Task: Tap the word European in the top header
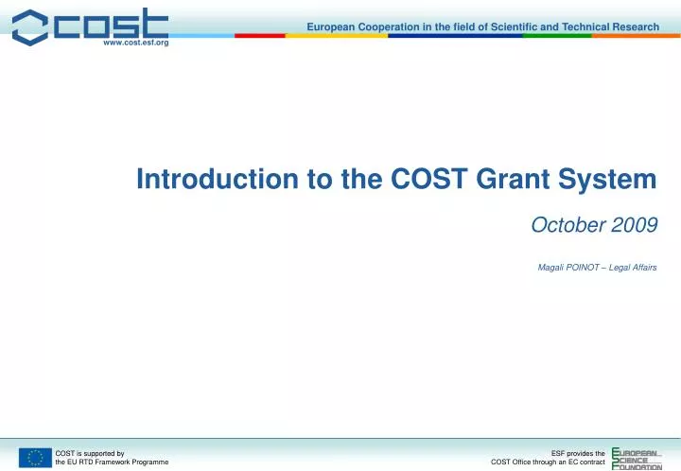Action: pyautogui.click(x=334, y=26)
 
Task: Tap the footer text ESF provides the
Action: pyautogui.click(x=578, y=453)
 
